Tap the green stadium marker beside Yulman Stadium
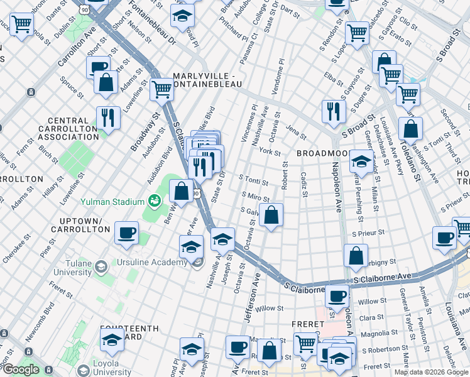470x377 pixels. (152, 202)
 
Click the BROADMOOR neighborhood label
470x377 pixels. (322, 153)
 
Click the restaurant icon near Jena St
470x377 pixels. (332, 111)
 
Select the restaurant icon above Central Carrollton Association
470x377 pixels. (107, 117)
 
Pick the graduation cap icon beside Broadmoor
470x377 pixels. (361, 161)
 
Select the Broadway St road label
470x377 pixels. (138, 133)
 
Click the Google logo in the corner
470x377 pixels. (20, 369)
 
